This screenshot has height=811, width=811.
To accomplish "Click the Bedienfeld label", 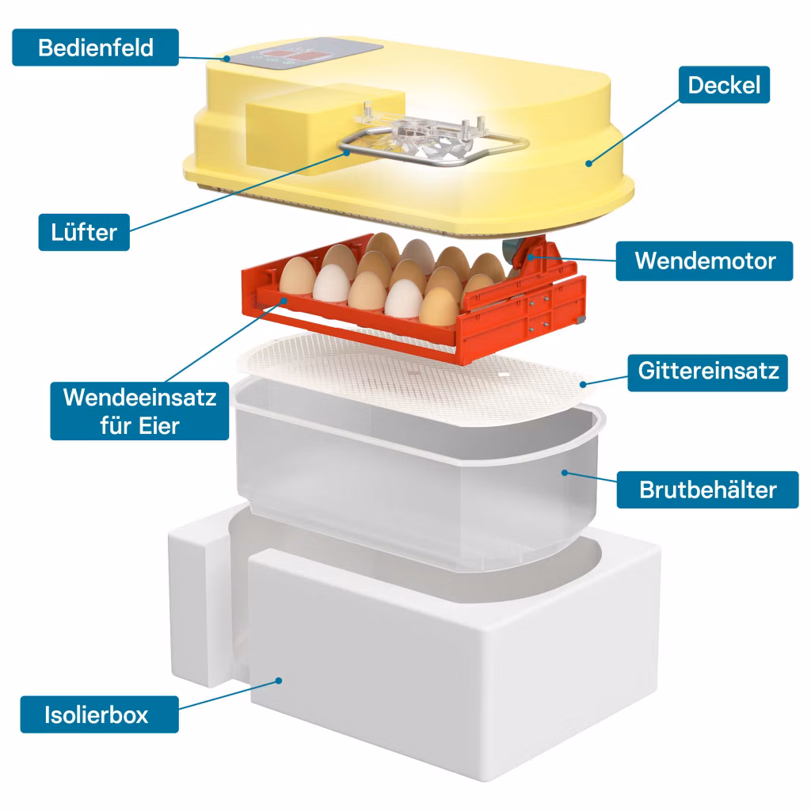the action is point(96,48).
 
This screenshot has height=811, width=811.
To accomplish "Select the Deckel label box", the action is point(724,85).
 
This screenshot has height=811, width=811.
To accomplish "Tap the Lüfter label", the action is point(84,232).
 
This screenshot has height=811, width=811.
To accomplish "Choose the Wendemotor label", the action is point(704,261).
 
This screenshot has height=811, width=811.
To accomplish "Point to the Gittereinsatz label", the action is point(707,372).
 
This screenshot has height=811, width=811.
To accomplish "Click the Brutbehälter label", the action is point(707,489).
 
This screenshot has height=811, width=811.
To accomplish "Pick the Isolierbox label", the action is point(99,714).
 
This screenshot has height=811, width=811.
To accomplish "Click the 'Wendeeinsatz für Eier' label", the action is point(139,411).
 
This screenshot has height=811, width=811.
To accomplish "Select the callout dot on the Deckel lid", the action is point(588,163).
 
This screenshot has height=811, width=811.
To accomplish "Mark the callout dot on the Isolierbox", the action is point(279,680).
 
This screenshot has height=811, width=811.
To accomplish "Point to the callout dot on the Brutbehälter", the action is point(565,473).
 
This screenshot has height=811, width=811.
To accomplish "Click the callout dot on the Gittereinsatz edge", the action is point(583,384).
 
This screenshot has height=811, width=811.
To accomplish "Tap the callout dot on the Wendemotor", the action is point(531,257).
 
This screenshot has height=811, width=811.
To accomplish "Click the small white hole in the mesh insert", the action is point(504,374).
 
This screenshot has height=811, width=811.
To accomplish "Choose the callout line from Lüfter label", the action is point(238,192).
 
